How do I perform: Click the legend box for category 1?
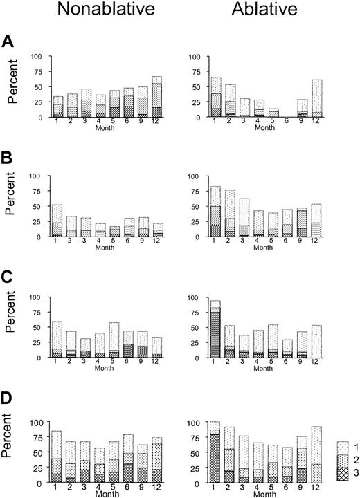[x=333, y=447]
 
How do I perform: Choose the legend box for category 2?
[x=333, y=461]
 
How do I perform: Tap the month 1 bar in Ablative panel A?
[x=197, y=97]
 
